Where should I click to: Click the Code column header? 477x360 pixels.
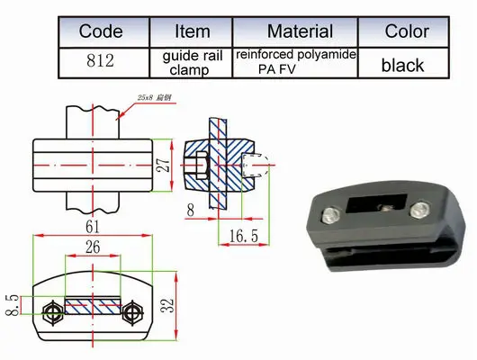[101, 31]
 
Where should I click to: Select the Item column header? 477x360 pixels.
[188, 31]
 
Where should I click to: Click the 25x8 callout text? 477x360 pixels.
[150, 95]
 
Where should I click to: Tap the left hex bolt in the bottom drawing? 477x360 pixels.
[52, 312]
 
